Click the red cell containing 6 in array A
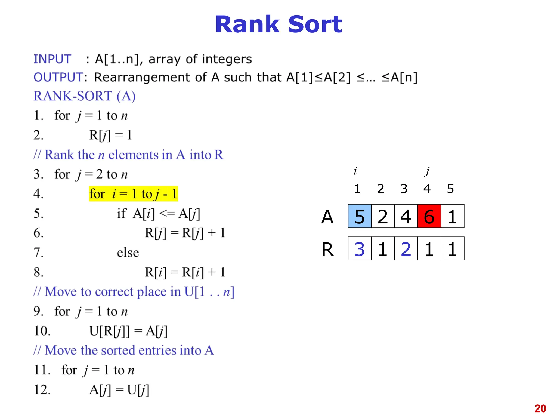click(429, 216)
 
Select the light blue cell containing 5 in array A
click(360, 216)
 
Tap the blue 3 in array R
click(360, 249)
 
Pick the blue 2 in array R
click(406, 249)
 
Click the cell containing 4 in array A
click(406, 216)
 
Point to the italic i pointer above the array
click(355, 171)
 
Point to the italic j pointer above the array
click(427, 171)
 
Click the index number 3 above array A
click(404, 189)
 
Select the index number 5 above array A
click(450, 189)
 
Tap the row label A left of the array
click(327, 217)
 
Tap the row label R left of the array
click(328, 249)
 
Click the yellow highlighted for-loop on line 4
click(133, 194)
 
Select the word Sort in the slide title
click(315, 24)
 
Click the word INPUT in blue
click(52, 59)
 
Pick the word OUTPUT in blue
click(58, 77)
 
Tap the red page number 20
click(540, 408)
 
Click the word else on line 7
click(128, 253)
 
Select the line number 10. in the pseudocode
click(42, 331)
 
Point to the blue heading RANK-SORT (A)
click(84, 96)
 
